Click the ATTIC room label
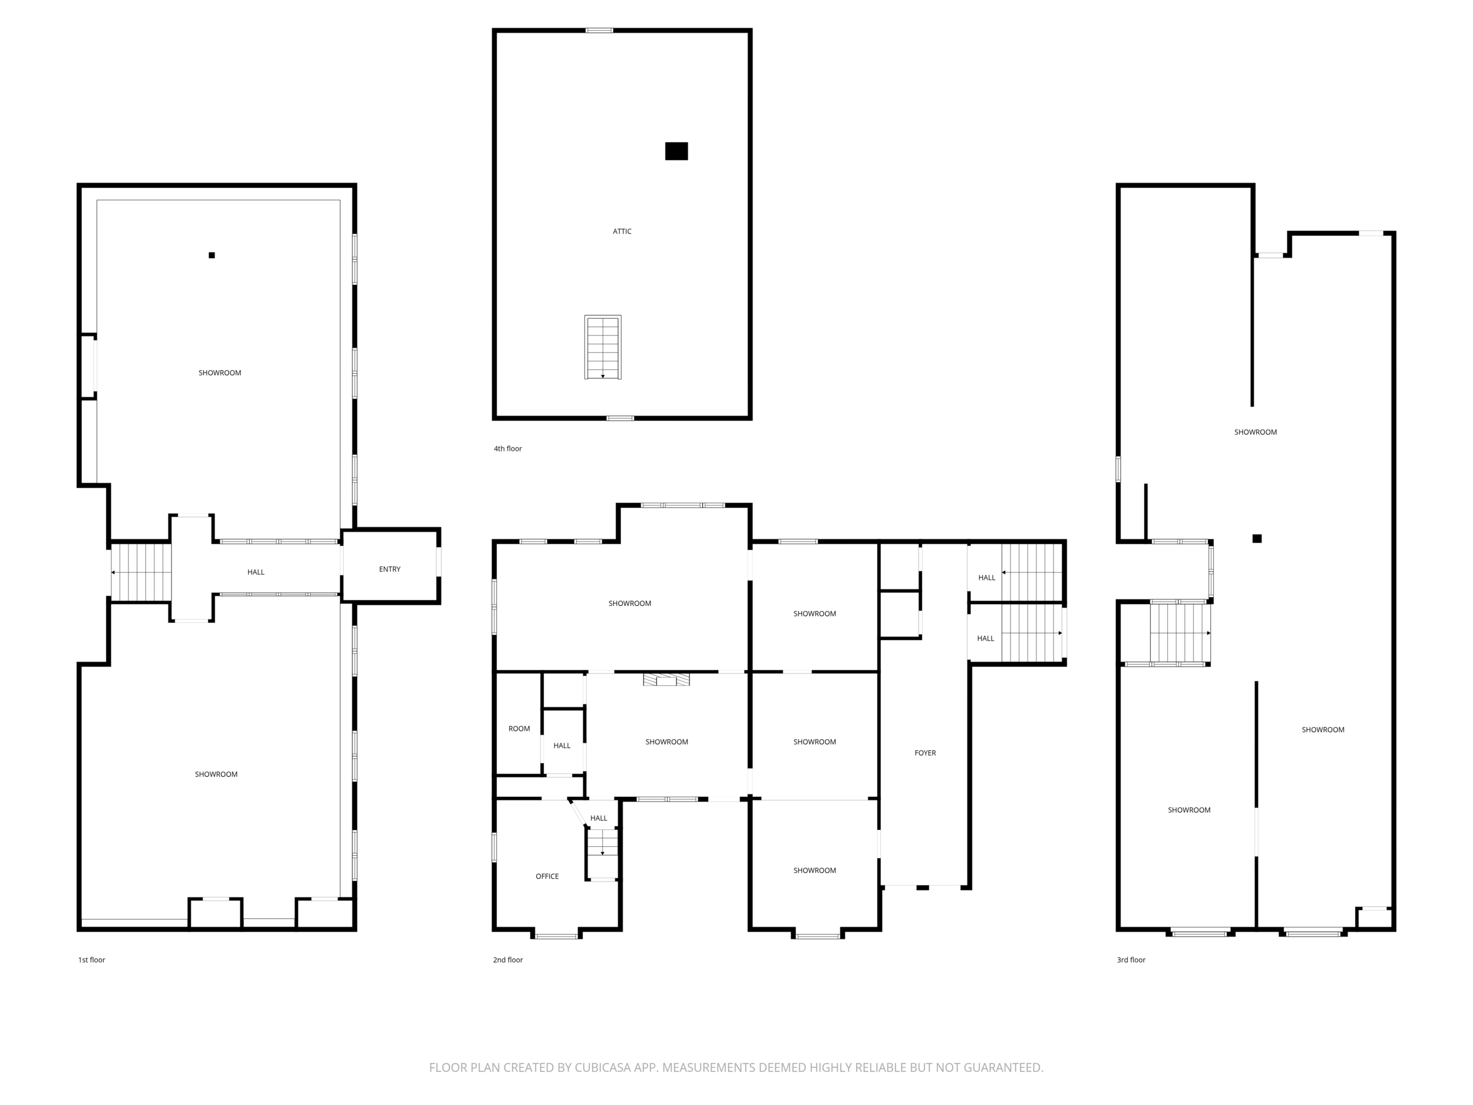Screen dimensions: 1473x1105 coord(622,231)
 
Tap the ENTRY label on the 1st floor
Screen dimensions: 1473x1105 coord(389,569)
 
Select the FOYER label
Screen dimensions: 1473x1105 coord(925,753)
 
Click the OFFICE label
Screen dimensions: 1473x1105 coord(547,876)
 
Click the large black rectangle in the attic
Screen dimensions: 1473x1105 coord(676,151)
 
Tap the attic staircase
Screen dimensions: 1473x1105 coord(603,347)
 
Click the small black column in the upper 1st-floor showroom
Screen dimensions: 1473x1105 coord(212,255)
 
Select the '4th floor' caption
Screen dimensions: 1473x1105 coord(507,449)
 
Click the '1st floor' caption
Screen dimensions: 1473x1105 coord(92,960)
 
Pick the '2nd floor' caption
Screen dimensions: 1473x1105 coord(508,960)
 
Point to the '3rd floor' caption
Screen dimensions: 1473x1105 coord(1131,960)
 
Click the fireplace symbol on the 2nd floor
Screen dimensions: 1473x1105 coord(666,680)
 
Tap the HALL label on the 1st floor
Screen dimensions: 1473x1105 coord(256,572)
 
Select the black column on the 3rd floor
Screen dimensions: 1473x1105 coord(1257,539)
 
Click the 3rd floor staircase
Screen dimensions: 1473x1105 coord(1180,633)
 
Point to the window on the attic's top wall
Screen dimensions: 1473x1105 coord(599,30)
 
